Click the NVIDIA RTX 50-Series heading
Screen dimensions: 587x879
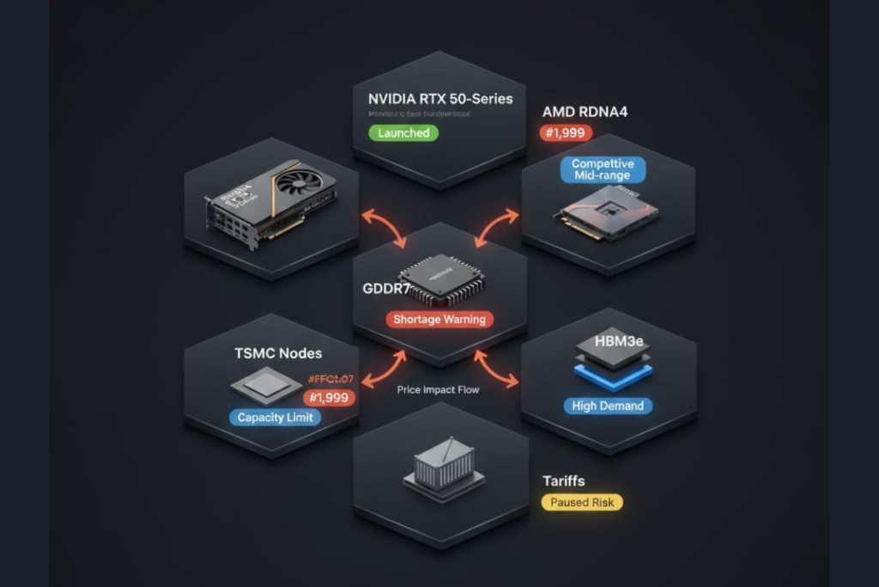click(440, 99)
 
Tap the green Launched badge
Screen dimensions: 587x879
click(403, 133)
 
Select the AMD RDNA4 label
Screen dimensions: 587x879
click(585, 113)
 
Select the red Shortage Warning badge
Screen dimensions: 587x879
click(439, 319)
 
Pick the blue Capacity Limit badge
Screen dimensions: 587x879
click(274, 418)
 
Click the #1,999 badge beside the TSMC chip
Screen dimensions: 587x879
click(330, 398)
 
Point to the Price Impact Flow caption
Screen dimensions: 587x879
click(438, 389)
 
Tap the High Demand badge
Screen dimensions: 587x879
click(608, 406)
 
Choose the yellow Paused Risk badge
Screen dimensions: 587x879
click(583, 502)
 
